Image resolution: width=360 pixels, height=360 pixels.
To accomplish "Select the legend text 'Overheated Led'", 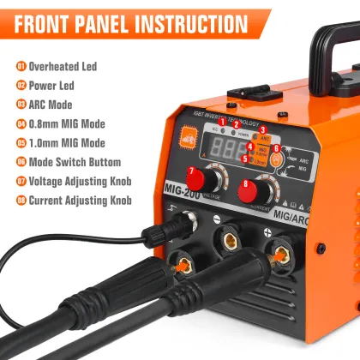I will pyautogui.click(x=64, y=65).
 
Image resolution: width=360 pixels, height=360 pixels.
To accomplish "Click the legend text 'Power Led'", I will pyautogui.click(x=53, y=85).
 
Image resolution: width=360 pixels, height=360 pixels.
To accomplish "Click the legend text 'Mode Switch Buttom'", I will pyautogui.click(x=75, y=162).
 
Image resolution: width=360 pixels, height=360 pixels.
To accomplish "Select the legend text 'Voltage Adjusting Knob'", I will pyautogui.click(x=81, y=182).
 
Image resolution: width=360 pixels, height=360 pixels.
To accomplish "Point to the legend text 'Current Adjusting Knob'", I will pyautogui.click(x=81, y=201).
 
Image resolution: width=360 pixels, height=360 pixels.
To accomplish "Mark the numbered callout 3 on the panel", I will pyautogui.click(x=263, y=129).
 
